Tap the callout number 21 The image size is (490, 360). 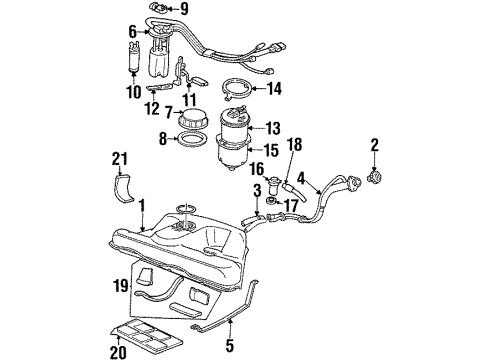point(120,159)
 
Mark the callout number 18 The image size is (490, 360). point(293,145)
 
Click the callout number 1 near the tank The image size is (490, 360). point(143,205)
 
